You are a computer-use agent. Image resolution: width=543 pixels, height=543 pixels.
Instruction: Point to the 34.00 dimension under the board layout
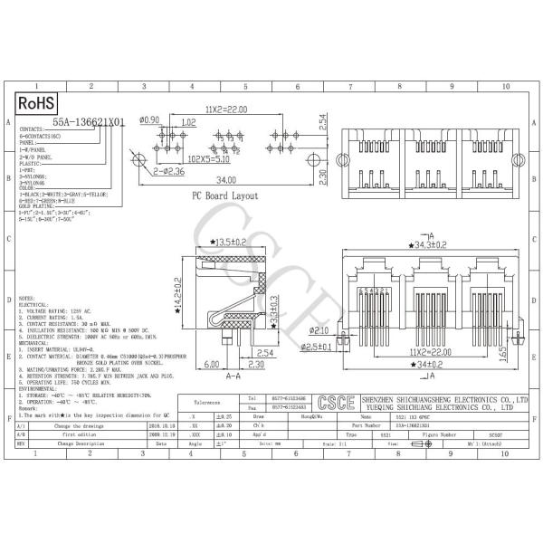[x=226, y=179]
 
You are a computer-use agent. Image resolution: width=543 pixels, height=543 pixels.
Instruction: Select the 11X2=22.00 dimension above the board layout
[x=227, y=110]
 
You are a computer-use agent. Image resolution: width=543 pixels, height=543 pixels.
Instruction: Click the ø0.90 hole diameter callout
[x=150, y=120]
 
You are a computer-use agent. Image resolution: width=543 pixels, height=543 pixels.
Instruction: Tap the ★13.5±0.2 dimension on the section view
[x=229, y=242]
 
